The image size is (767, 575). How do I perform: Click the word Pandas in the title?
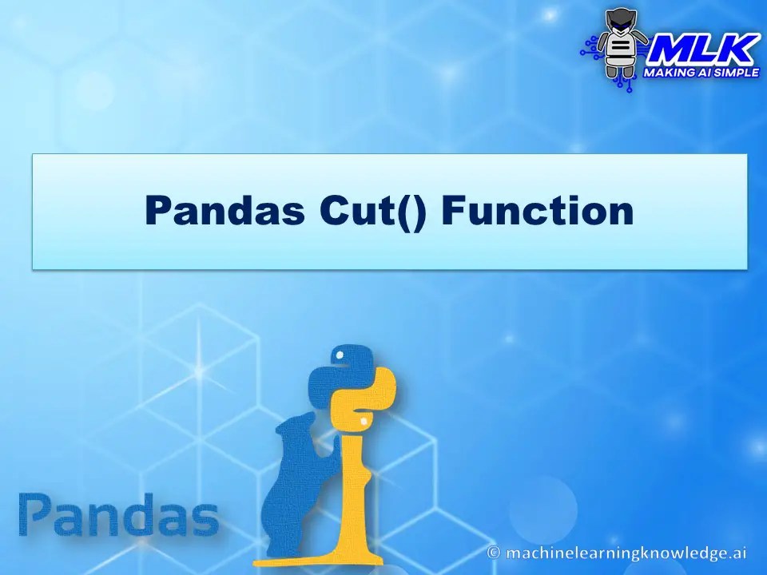pyautogui.click(x=225, y=211)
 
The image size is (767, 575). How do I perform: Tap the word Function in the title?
pyautogui.click(x=537, y=211)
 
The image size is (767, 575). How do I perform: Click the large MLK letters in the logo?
pyautogui.click(x=702, y=51)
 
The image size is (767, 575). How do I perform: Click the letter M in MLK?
pyautogui.click(x=669, y=51)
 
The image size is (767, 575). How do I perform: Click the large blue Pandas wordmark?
pyautogui.click(x=118, y=516)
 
